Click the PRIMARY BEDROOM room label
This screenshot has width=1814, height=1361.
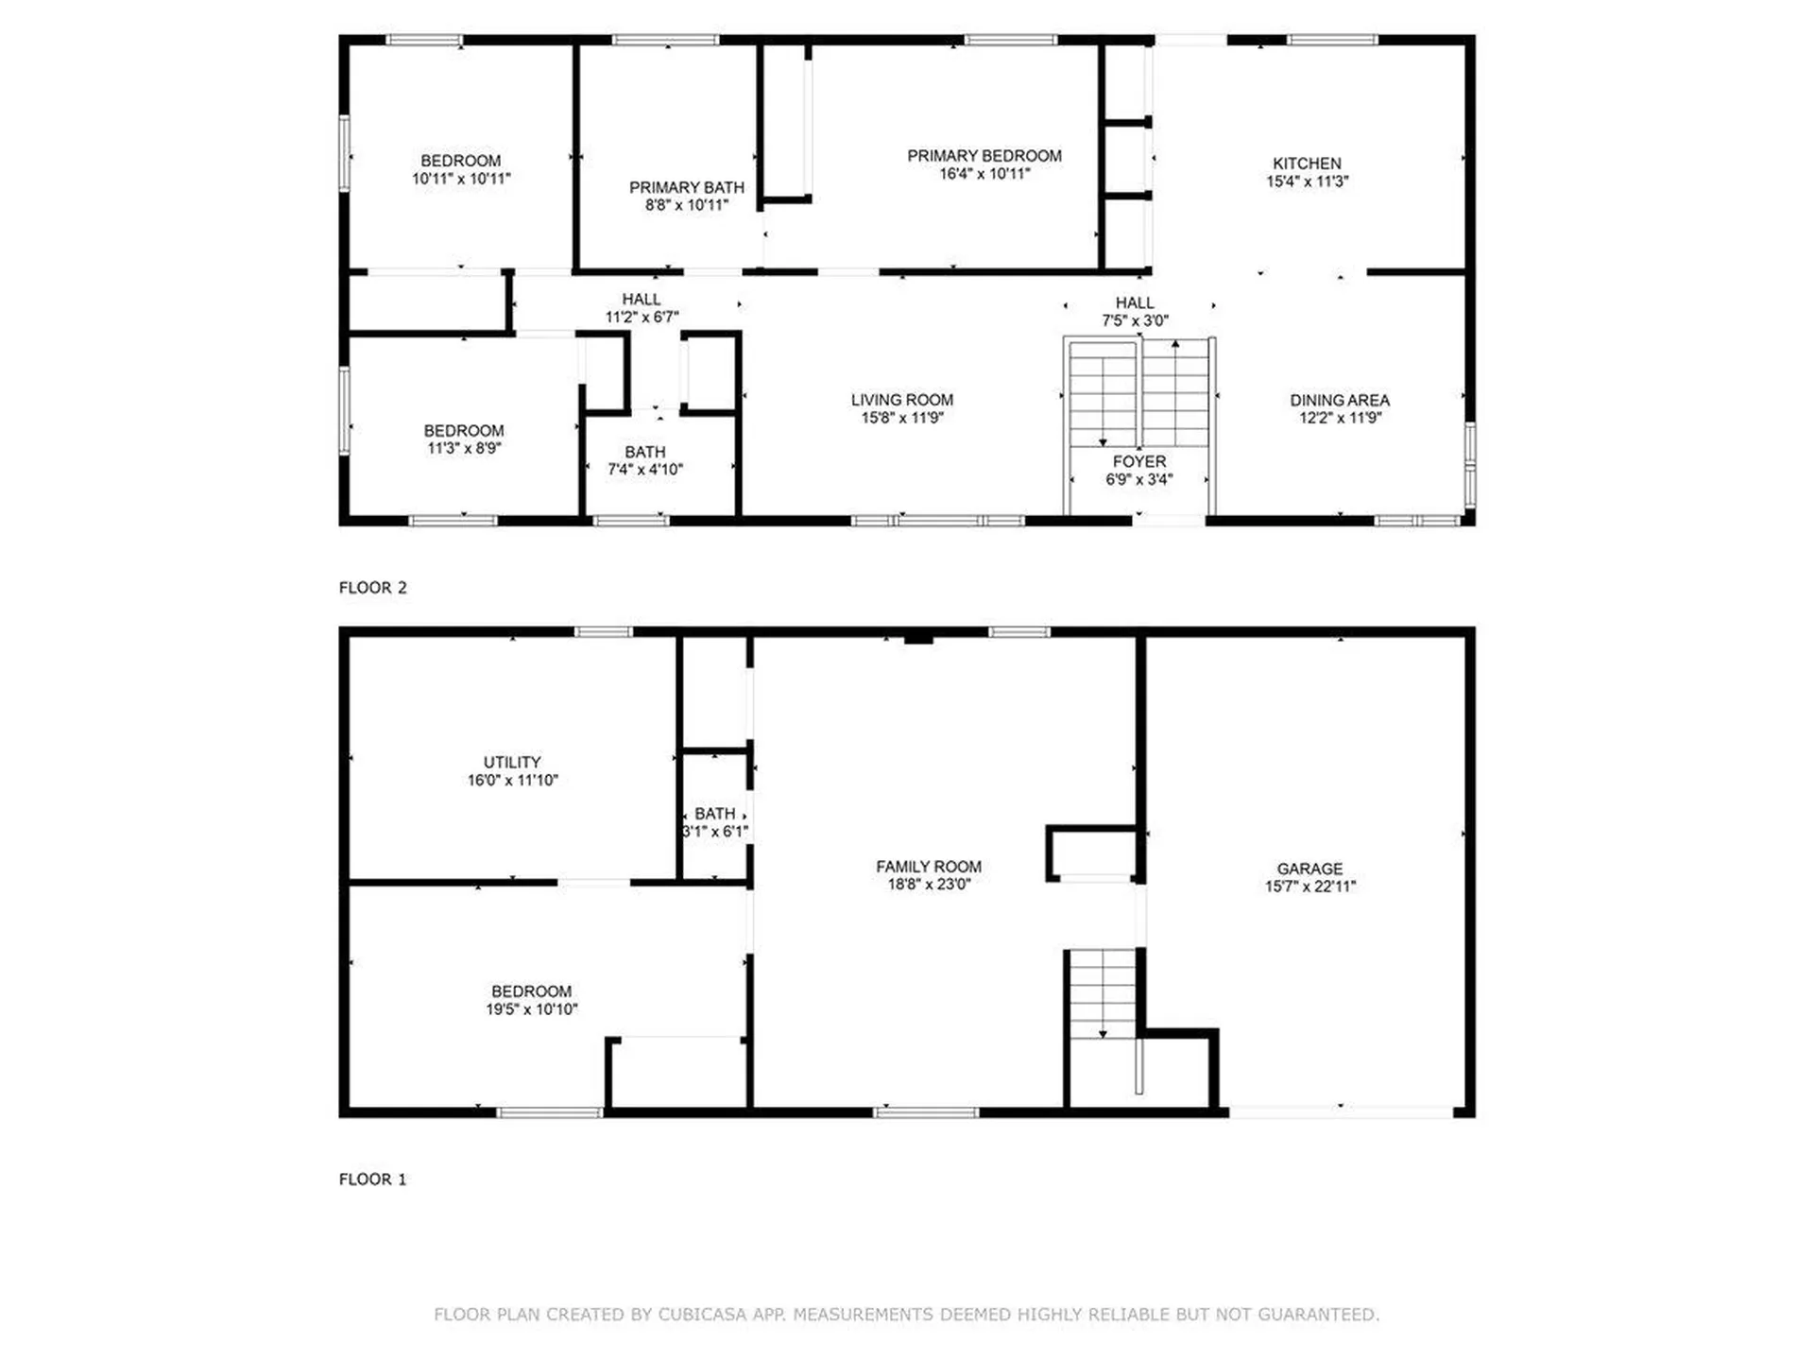(x=984, y=156)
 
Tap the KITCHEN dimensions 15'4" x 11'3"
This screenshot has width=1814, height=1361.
(x=1307, y=181)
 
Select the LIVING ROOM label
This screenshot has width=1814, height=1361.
(x=901, y=400)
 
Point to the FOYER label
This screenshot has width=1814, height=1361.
(x=1138, y=461)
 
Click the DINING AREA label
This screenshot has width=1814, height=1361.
(x=1339, y=400)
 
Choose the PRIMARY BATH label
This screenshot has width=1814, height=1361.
(x=686, y=187)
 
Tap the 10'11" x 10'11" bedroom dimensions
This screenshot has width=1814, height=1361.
(x=461, y=179)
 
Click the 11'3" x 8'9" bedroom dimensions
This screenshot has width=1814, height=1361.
(x=463, y=448)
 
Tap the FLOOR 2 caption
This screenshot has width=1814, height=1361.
(x=372, y=587)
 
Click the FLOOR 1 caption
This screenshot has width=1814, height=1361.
(x=372, y=1179)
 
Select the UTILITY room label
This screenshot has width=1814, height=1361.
(x=512, y=762)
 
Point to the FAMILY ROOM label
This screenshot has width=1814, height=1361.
(x=928, y=866)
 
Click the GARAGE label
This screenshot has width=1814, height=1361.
(x=1309, y=868)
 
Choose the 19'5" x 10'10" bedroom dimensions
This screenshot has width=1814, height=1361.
(x=531, y=1009)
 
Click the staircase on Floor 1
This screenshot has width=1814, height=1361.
(x=1102, y=992)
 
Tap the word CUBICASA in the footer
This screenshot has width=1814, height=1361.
(x=702, y=1314)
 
